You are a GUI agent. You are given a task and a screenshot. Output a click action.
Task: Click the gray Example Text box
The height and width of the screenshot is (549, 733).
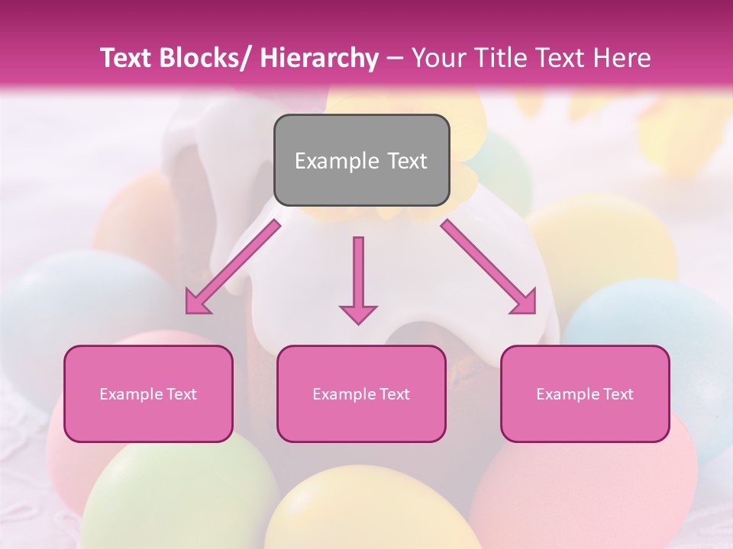361,160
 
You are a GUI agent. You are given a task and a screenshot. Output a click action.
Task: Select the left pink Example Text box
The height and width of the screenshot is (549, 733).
148,393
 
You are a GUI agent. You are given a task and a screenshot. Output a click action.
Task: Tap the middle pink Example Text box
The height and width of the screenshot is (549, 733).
361,393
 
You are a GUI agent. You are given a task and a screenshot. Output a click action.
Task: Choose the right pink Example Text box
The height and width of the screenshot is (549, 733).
585,393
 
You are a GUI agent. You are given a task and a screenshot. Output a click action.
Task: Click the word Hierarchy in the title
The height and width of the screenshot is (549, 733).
318,58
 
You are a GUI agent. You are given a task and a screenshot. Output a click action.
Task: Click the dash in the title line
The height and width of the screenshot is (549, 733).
395,58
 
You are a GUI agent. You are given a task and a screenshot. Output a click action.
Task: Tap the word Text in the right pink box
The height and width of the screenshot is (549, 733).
618,393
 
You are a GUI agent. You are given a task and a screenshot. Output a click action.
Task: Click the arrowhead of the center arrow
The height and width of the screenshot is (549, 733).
358,313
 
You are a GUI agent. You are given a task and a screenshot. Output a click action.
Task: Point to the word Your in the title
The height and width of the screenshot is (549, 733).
437,58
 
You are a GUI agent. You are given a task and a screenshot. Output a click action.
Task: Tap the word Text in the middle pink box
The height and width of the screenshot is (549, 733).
394,393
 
